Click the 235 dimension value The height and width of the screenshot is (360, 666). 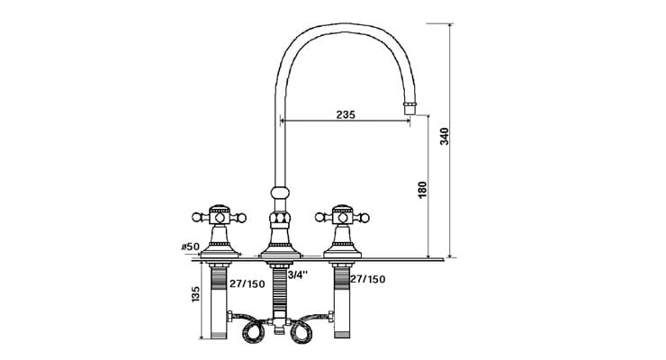click(345, 113)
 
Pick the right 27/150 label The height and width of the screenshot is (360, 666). click(368, 279)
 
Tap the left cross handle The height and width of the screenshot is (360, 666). click(217, 216)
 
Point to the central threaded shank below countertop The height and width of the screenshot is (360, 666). click(280, 288)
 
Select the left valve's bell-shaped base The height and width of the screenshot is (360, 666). click(218, 243)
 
